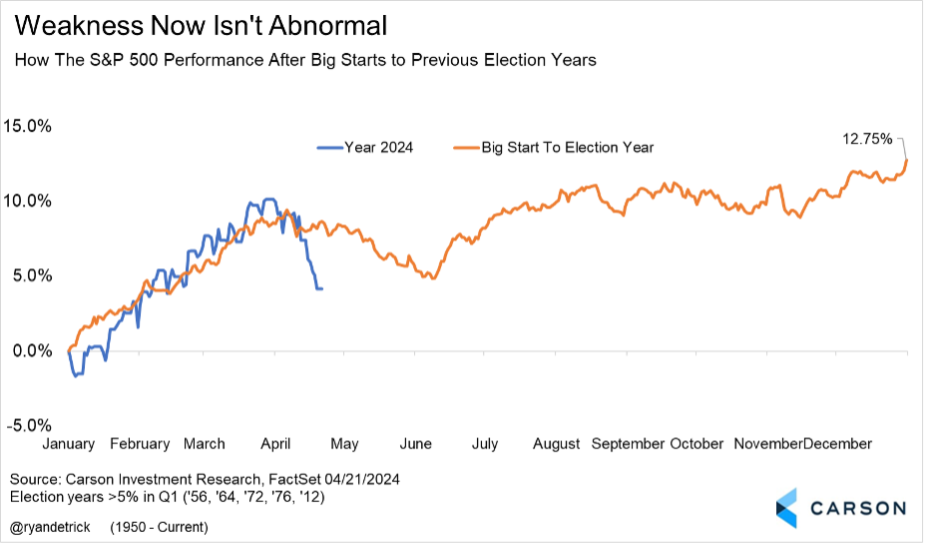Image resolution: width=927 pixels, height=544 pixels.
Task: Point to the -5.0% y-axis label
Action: coord(30,425)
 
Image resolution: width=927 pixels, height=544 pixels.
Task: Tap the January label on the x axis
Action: coord(67,443)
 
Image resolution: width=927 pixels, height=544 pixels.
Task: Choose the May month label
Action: coord(343,443)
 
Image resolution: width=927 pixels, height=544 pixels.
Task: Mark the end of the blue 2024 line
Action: coord(321,288)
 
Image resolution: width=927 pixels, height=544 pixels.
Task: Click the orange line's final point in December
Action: coord(906,160)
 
